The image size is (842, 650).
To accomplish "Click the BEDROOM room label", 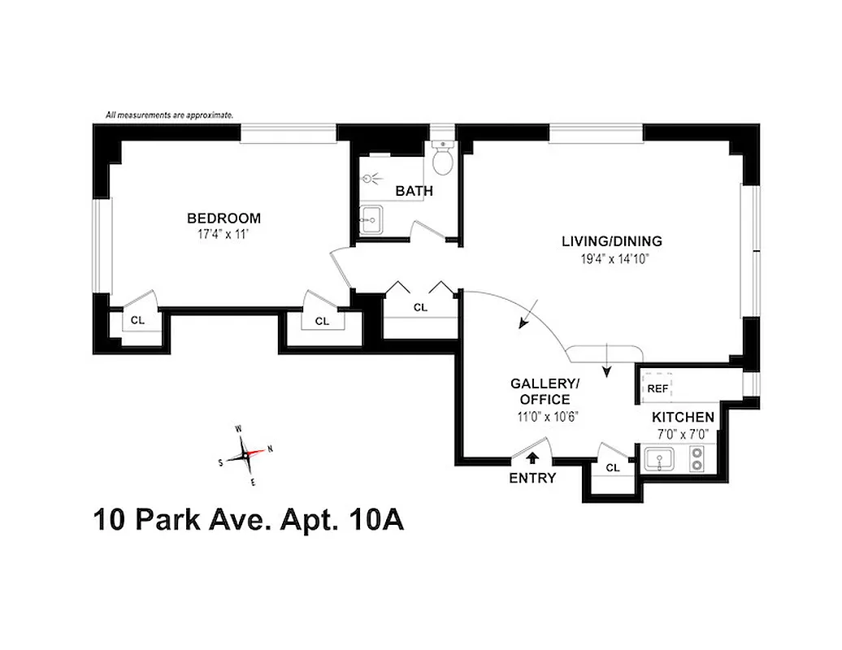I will click(224, 218).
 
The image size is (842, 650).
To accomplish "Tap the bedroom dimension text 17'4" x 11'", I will click(224, 233).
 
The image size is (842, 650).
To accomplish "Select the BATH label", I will click(414, 191).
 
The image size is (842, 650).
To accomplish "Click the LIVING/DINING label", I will click(612, 241).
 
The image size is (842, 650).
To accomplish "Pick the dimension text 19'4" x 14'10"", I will click(612, 258).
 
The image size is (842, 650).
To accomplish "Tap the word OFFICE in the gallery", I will click(545, 399).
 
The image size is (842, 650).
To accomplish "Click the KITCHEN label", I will click(683, 418).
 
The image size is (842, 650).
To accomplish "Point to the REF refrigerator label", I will click(658, 389).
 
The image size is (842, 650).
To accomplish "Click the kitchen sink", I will click(659, 462).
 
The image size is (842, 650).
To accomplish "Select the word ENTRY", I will click(532, 478).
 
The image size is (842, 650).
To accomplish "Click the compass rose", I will click(246, 454).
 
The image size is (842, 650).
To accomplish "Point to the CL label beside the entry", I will click(613, 468).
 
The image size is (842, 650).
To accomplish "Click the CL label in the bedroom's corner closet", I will click(138, 320).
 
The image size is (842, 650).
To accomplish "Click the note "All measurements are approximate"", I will click(169, 115).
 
